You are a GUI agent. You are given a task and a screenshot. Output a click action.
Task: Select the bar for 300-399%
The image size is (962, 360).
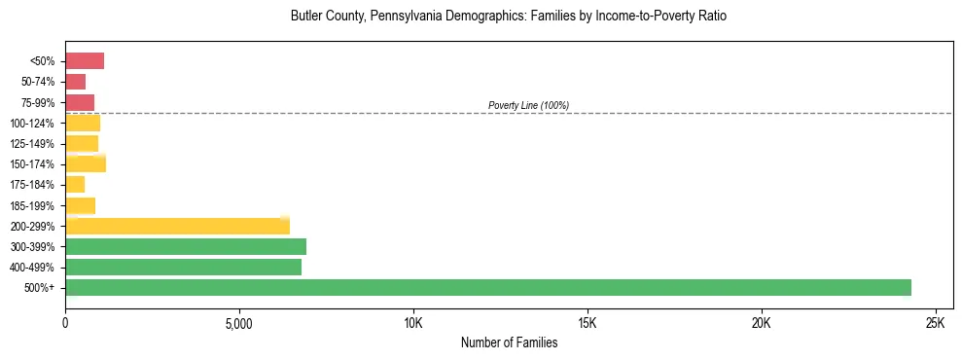click(186, 246)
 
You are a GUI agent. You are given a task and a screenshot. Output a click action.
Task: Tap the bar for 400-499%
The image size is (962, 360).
click(183, 267)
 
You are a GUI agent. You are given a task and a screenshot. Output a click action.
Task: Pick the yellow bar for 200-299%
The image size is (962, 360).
click(177, 226)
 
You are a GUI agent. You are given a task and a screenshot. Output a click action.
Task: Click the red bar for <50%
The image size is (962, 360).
click(85, 61)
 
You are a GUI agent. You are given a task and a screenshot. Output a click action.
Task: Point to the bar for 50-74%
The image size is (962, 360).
click(75, 82)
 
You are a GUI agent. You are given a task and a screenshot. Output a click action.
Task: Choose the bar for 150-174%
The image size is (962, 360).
click(86, 163)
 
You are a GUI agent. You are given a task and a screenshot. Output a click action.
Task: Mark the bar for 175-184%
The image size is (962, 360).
click(75, 184)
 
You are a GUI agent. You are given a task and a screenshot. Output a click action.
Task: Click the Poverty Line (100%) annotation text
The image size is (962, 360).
click(528, 105)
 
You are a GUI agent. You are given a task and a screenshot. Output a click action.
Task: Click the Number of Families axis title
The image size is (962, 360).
click(509, 342)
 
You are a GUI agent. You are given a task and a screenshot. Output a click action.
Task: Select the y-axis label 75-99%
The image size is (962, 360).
click(37, 102)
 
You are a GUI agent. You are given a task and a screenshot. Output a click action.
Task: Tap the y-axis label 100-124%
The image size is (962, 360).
click(32, 123)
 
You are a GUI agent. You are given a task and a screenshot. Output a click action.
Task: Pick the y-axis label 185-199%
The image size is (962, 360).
click(32, 205)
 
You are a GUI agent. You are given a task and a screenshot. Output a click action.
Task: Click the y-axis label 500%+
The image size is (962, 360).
click(40, 287)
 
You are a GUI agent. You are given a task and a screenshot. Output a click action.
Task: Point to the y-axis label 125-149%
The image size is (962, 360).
click(32, 143)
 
